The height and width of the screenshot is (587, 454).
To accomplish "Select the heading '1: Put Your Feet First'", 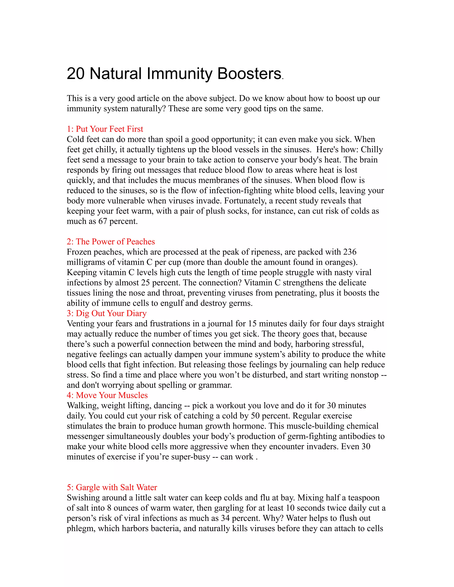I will (105, 129).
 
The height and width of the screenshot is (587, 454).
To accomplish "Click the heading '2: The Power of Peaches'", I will (111, 242).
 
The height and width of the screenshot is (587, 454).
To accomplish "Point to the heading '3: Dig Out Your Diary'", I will (107, 313).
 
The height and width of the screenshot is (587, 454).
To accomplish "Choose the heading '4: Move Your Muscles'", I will (107, 395).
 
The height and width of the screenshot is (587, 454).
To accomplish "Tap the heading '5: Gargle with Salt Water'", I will (112, 487).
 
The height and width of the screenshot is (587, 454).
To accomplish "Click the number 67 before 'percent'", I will (103, 221).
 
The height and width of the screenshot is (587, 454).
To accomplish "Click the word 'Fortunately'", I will (245, 201).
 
